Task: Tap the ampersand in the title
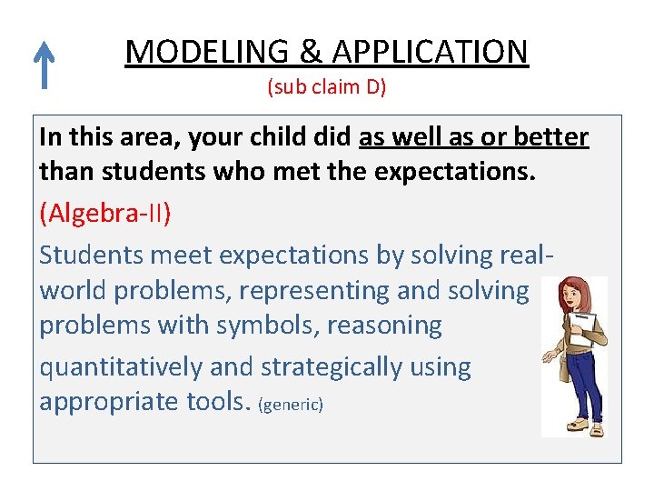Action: click(x=312, y=52)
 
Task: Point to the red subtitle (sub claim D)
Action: click(x=326, y=88)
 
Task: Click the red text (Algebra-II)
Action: click(x=104, y=214)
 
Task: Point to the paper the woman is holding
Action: click(x=582, y=328)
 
